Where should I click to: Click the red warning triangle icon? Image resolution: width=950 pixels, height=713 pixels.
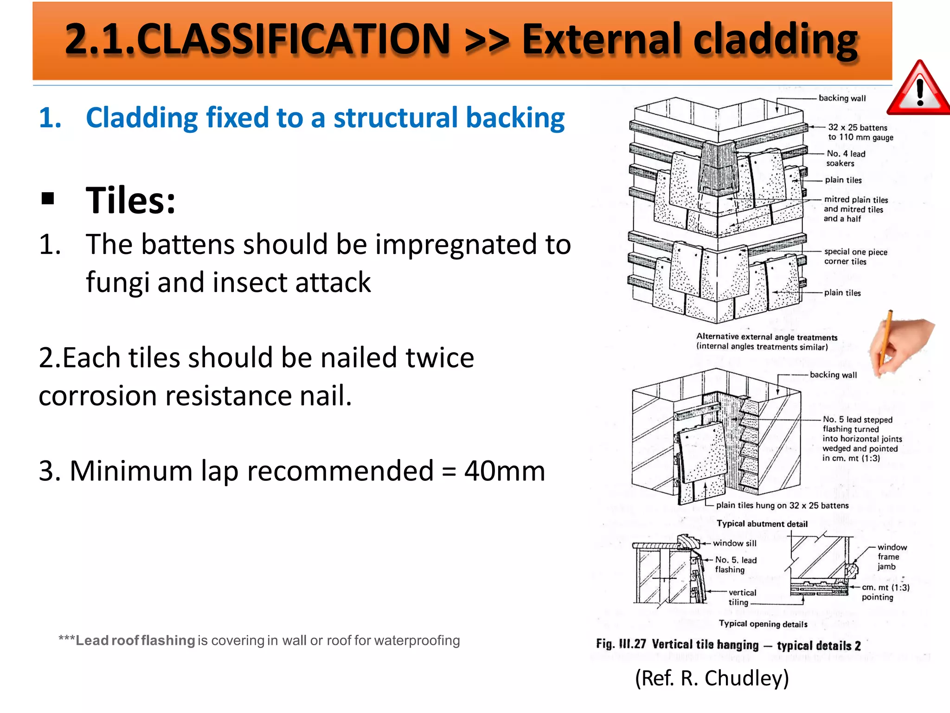click(x=919, y=91)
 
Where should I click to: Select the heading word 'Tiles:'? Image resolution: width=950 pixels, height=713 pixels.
click(x=131, y=201)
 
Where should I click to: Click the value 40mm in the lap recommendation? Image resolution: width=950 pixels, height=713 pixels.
click(x=505, y=471)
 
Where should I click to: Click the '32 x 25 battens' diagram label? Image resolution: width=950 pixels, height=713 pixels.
click(x=858, y=128)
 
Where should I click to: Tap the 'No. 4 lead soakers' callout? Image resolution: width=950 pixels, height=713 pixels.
click(x=845, y=158)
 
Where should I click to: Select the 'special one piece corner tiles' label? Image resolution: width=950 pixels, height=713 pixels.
click(x=855, y=257)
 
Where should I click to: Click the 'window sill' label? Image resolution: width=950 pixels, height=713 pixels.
click(x=734, y=543)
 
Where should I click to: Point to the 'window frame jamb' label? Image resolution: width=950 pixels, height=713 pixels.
click(x=891, y=557)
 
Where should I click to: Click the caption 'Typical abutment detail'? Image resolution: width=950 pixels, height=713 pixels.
click(x=762, y=524)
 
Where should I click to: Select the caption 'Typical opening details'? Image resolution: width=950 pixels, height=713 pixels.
click(x=763, y=624)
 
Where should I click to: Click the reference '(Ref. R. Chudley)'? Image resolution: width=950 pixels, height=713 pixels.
click(x=712, y=678)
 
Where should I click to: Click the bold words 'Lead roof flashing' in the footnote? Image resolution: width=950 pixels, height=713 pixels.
click(x=135, y=641)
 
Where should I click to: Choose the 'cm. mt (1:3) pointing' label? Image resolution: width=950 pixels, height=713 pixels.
click(x=885, y=592)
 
